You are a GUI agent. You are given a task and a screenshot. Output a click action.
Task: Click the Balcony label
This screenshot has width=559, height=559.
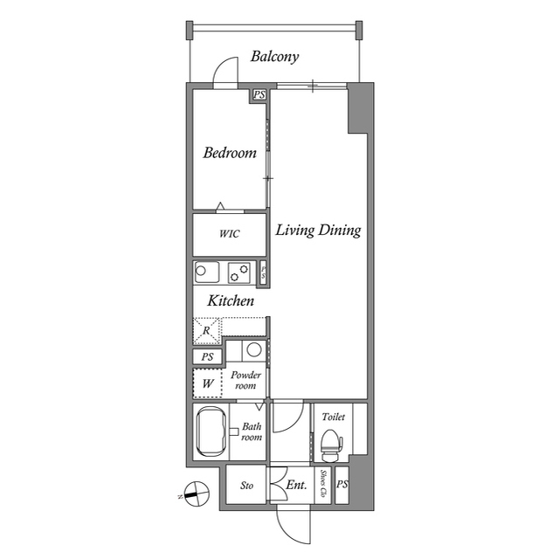point(274,57)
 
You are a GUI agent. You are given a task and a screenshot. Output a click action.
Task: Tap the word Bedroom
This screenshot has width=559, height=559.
point(230,153)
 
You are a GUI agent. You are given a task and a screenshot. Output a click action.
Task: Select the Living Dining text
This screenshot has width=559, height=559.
point(318,231)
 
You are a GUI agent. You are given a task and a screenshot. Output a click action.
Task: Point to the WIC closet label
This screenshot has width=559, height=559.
point(229,235)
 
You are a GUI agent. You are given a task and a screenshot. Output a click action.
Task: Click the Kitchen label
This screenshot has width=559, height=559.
point(231,300)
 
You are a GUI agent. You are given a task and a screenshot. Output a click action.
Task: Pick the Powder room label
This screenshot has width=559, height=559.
point(246,380)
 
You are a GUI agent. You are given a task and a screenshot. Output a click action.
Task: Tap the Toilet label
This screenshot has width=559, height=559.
point(333,418)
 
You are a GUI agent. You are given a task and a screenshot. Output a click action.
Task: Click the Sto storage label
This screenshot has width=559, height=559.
point(246,486)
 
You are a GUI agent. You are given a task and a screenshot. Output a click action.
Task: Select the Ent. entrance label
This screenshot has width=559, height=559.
point(296,485)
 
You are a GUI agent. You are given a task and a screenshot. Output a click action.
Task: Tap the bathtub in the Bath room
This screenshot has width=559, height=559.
point(211,432)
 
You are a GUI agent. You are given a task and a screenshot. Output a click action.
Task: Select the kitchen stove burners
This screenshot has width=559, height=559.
point(239,273)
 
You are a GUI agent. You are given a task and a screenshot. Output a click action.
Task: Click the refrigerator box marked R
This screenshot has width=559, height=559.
point(207,330)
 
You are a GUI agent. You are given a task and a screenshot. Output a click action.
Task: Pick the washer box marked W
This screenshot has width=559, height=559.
point(208,383)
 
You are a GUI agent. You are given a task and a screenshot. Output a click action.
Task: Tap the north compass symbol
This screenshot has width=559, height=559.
point(198,494)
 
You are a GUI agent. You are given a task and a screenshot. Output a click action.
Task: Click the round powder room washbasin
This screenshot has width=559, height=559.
point(254,350)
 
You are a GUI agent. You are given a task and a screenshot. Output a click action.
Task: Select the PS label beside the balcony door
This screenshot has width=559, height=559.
point(259,95)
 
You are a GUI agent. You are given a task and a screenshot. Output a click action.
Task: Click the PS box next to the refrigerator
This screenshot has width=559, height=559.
point(207,356)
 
